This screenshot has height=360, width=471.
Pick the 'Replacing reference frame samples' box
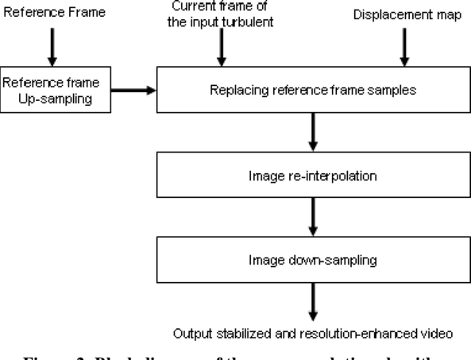[x=314, y=91]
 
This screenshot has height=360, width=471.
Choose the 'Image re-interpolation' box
[x=314, y=176]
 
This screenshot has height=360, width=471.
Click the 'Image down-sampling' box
[x=314, y=261]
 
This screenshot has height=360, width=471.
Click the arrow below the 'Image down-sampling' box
[x=314, y=301]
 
